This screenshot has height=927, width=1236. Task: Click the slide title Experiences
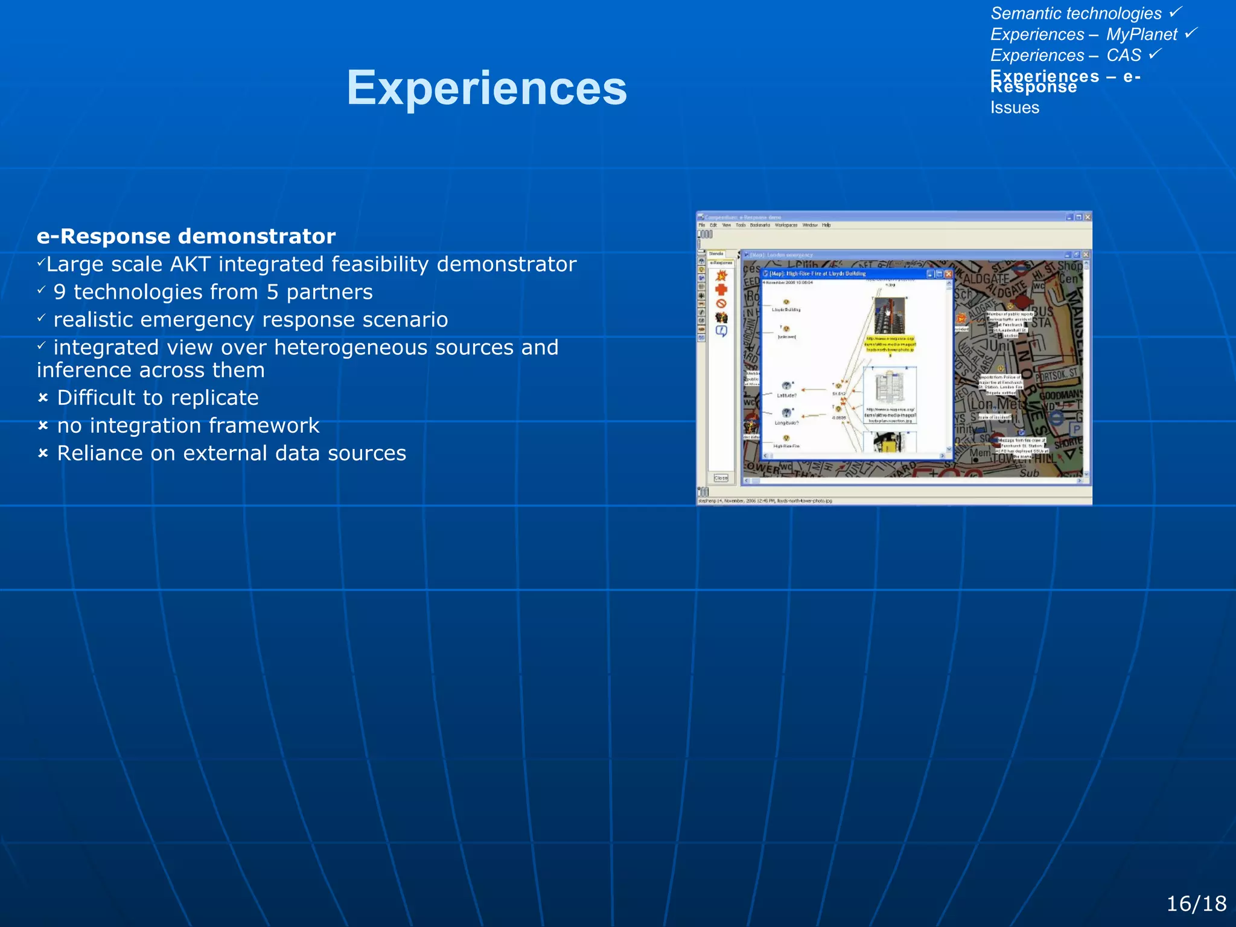click(486, 88)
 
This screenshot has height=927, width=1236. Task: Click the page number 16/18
click(1196, 903)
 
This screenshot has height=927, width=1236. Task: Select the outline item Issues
click(1015, 108)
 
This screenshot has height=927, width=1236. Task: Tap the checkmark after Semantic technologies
click(1176, 11)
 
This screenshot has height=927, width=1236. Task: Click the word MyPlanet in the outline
click(1141, 34)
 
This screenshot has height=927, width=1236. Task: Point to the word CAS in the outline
click(1123, 56)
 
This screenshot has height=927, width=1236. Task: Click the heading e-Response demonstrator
click(186, 236)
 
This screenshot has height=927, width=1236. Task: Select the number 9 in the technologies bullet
click(59, 292)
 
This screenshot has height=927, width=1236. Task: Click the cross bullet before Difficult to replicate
click(43, 398)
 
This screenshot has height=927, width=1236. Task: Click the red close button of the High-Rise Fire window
click(948, 274)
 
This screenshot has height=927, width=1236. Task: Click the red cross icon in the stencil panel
click(721, 290)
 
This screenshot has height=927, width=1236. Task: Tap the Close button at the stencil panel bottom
click(721, 478)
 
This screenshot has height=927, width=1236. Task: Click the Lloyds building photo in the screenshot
click(890, 316)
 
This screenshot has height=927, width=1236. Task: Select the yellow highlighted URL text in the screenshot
click(891, 344)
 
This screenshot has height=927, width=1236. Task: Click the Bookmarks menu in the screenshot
click(760, 225)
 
